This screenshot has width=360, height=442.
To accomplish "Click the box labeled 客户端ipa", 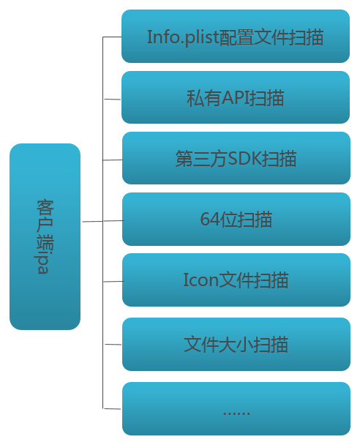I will (x=45, y=236).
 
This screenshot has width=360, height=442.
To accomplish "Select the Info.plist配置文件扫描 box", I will (x=236, y=36).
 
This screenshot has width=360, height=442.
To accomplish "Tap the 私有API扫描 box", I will (x=236, y=97).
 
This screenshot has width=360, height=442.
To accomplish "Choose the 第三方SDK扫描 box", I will (x=236, y=158).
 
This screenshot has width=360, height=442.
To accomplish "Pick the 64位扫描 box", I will (x=236, y=219).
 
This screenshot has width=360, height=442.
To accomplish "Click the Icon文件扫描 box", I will (x=236, y=280).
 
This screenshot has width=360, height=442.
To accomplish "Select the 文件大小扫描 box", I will (x=236, y=343).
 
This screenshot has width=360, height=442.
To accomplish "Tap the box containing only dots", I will (x=236, y=408).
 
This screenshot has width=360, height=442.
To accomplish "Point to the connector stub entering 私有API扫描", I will (x=112, y=99).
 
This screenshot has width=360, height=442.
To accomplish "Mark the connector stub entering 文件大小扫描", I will (x=112, y=343).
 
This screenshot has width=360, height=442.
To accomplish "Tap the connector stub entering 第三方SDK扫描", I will (x=112, y=160).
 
